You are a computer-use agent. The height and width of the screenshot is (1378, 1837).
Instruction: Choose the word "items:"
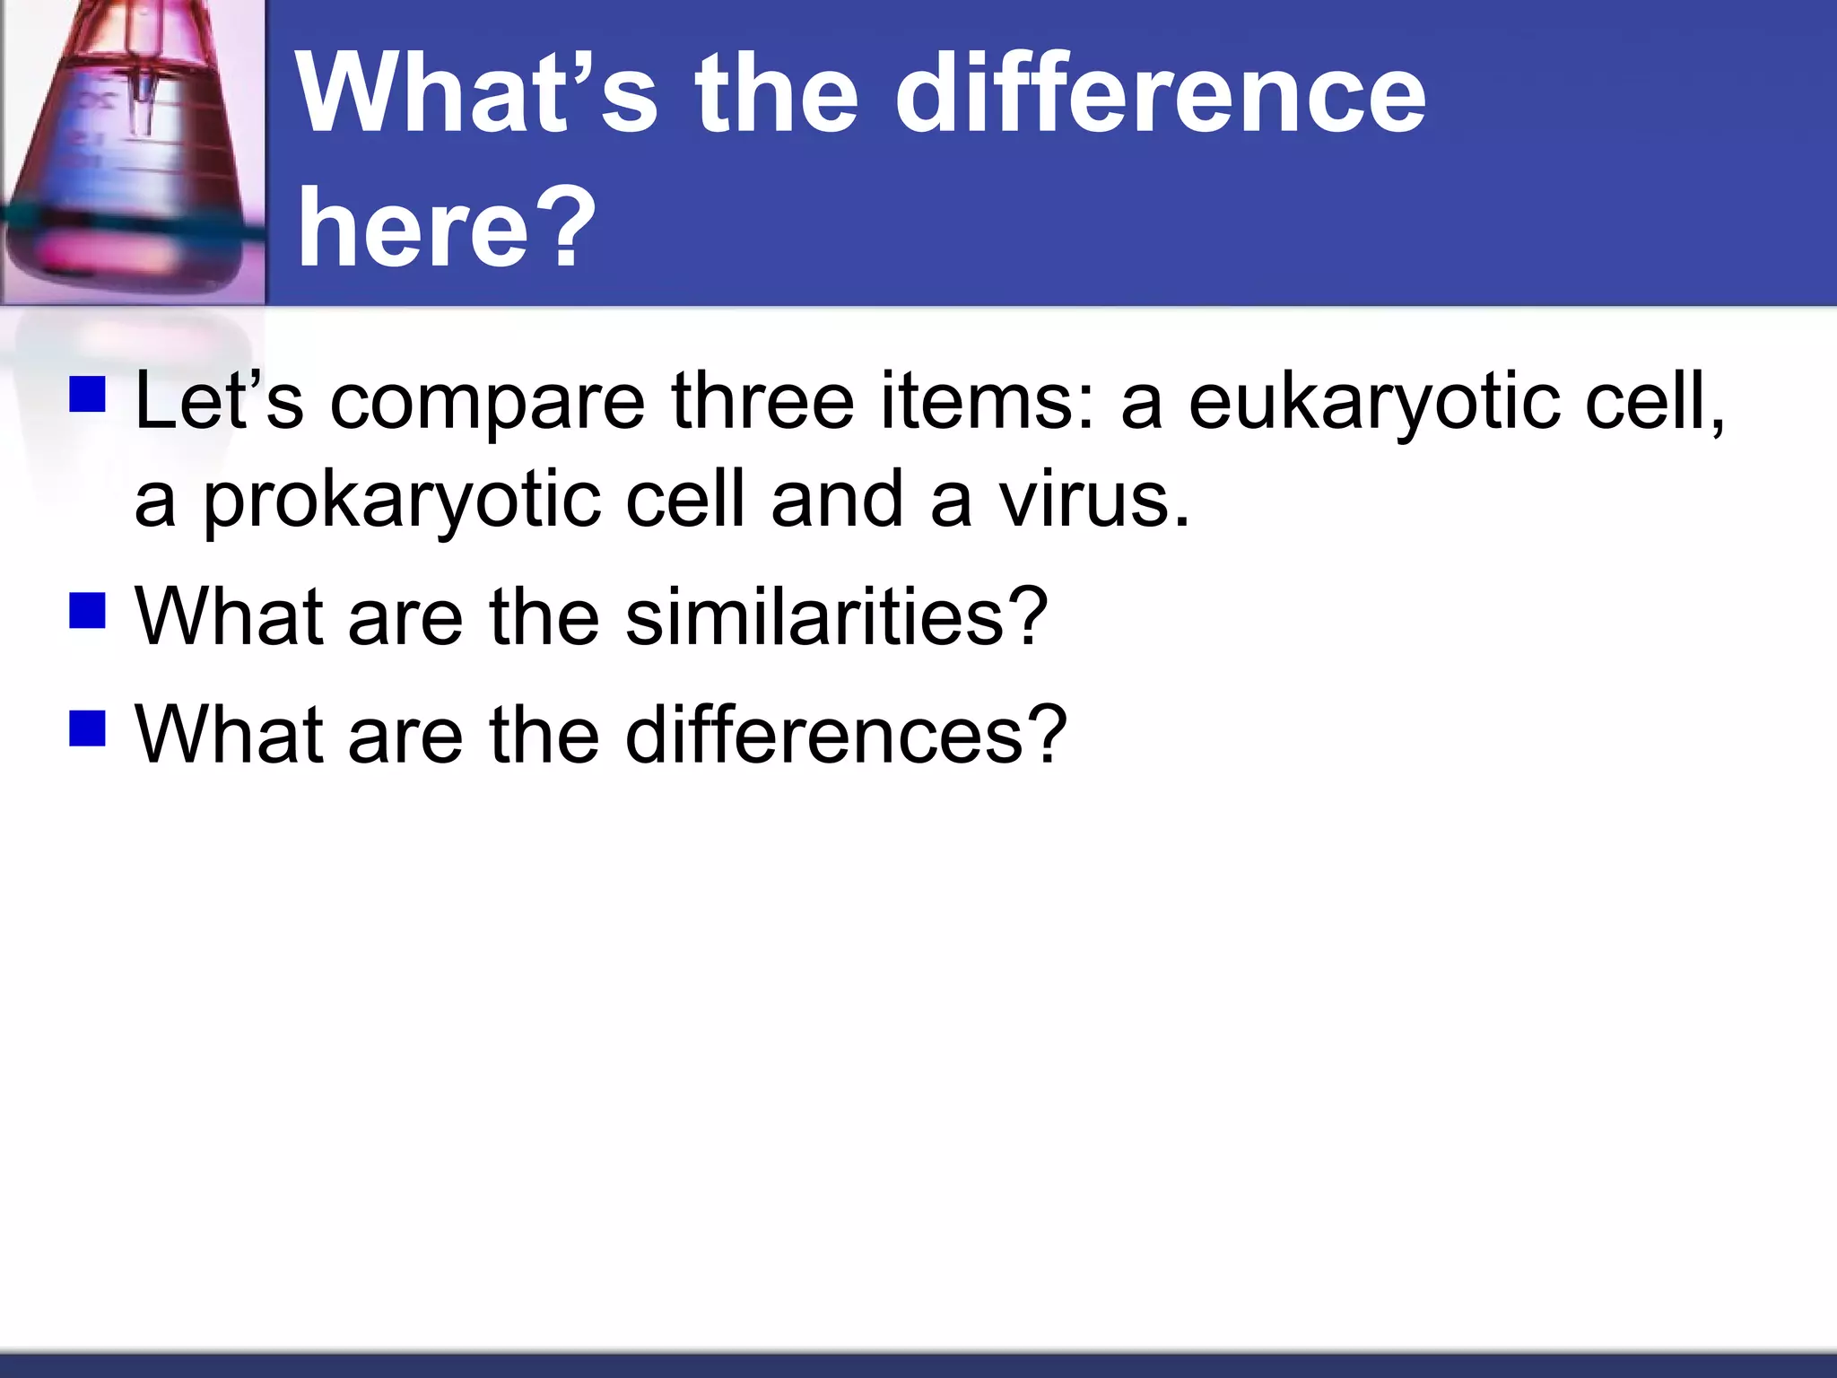(x=988, y=401)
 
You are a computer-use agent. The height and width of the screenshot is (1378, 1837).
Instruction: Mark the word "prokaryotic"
(x=401, y=501)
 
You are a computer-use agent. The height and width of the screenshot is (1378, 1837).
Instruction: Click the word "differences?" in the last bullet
(x=845, y=735)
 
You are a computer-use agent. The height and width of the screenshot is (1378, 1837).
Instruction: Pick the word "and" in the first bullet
(x=837, y=499)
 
